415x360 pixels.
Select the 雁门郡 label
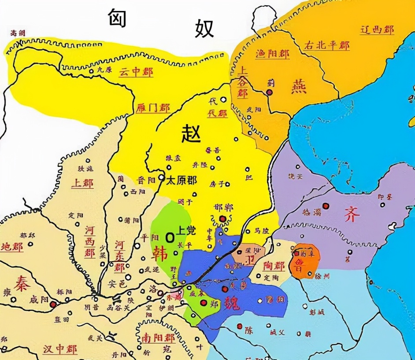click(x=153, y=108)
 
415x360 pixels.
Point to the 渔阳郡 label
click(x=272, y=54)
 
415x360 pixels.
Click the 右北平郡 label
click(x=326, y=45)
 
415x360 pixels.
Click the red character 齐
click(x=352, y=214)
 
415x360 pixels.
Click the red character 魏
click(x=231, y=304)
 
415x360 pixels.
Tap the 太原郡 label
click(x=182, y=180)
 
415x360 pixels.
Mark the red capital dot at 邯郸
click(x=222, y=219)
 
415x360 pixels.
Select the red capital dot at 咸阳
click(x=53, y=304)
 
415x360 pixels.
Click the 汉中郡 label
click(x=60, y=349)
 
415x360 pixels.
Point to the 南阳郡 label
click(x=158, y=338)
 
